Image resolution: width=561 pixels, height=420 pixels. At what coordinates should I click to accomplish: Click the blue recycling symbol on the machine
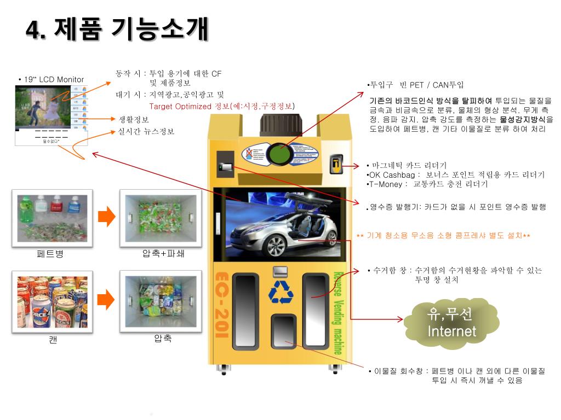click(x=281, y=292)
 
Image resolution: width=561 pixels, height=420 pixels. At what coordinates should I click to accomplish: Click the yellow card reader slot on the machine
click(x=336, y=164)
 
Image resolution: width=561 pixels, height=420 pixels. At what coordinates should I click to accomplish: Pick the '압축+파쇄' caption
click(x=159, y=254)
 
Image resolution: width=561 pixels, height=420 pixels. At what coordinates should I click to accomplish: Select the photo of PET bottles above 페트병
click(x=52, y=216)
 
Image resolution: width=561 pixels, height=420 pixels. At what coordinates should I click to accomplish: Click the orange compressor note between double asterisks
click(x=443, y=236)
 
